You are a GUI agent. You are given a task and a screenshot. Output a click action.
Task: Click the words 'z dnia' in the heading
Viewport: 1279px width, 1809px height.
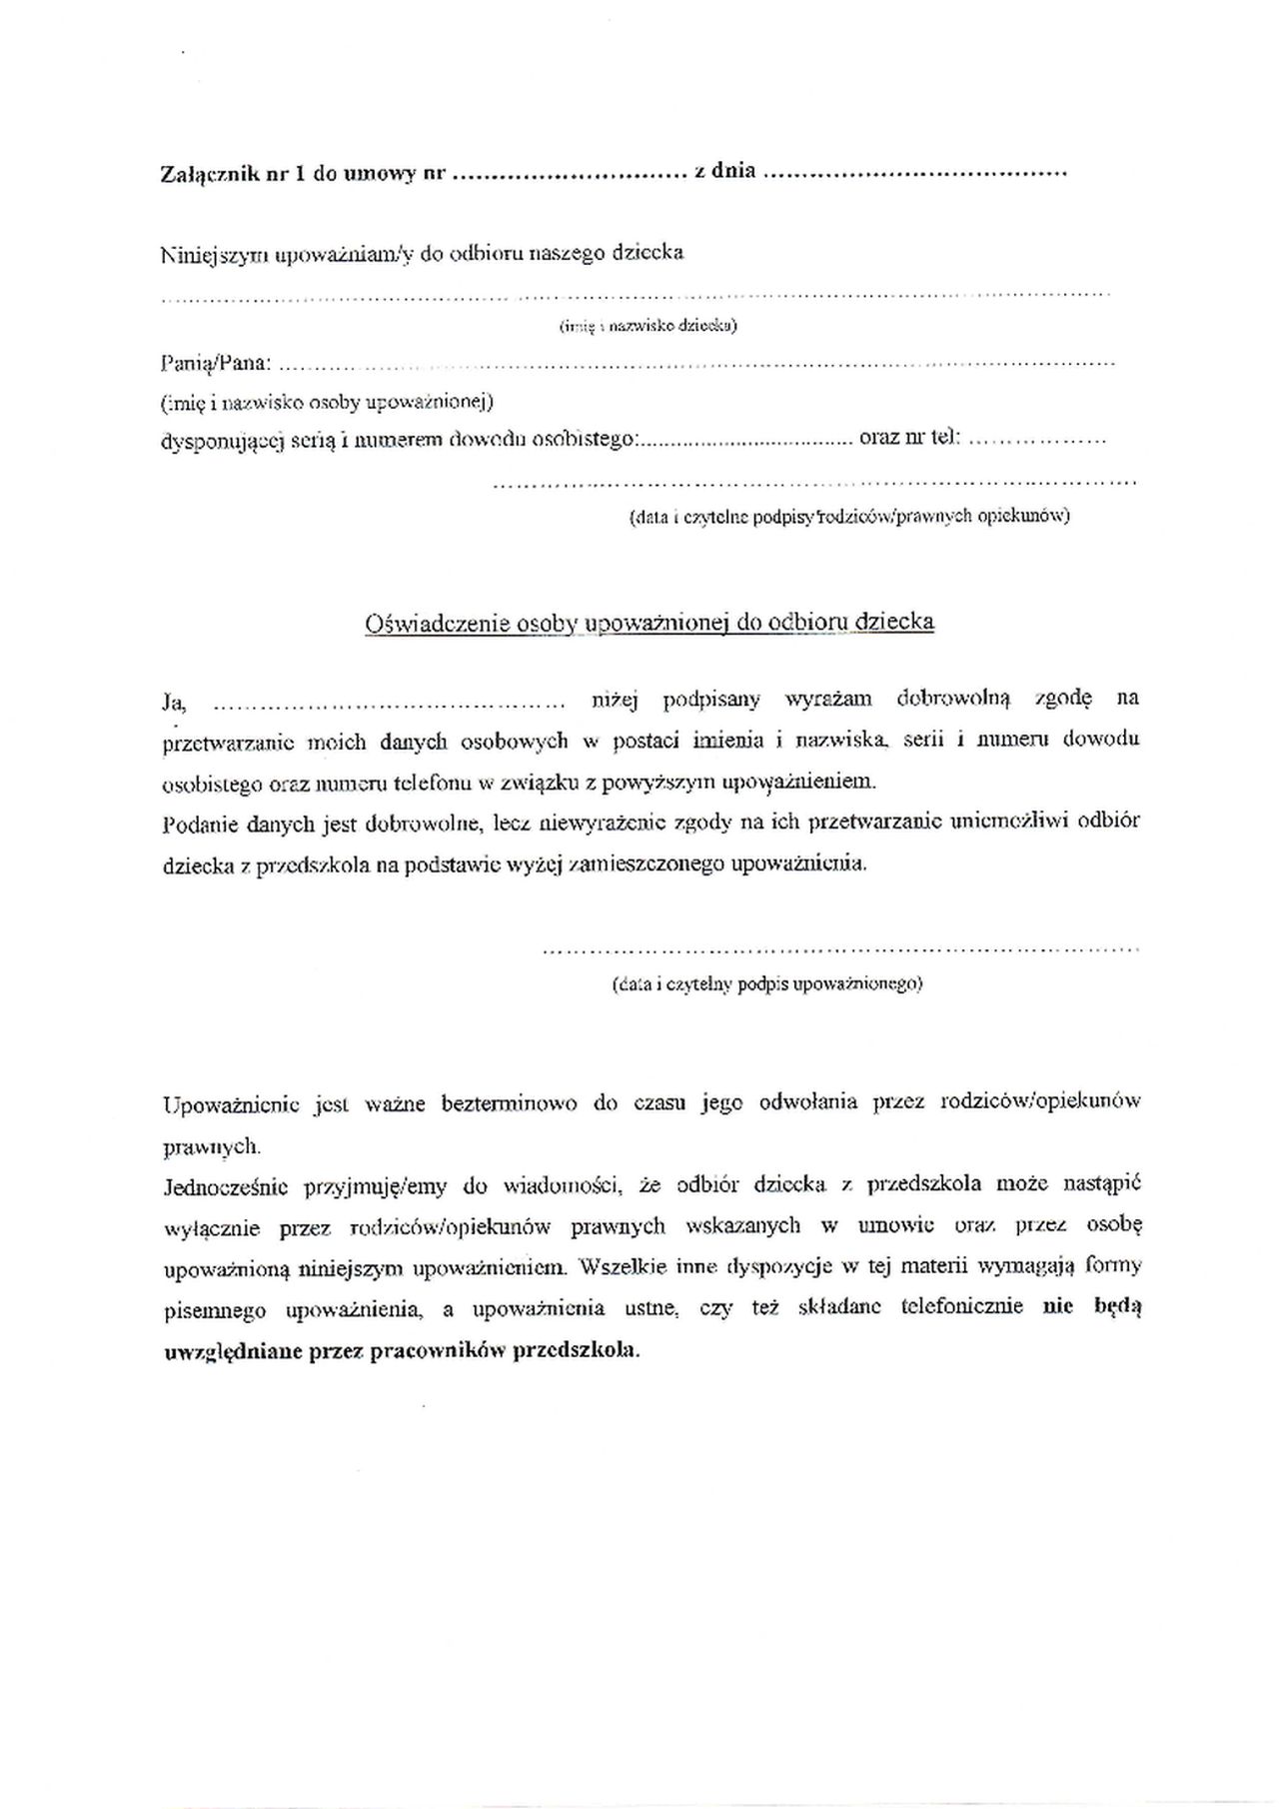(x=724, y=171)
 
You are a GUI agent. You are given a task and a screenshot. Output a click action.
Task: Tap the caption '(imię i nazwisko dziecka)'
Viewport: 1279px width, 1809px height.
(x=647, y=326)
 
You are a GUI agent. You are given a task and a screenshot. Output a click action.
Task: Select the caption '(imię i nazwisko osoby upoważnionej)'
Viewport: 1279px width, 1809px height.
(x=327, y=402)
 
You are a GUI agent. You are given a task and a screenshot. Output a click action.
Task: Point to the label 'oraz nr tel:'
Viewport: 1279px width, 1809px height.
(x=909, y=437)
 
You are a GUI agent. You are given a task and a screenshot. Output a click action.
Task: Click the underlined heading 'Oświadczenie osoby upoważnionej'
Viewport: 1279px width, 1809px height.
(x=649, y=623)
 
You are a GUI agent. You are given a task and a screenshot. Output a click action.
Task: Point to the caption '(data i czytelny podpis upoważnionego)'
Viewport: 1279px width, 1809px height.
(x=767, y=983)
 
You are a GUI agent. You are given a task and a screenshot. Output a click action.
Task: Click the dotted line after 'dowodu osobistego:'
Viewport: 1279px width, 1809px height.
(x=745, y=440)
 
